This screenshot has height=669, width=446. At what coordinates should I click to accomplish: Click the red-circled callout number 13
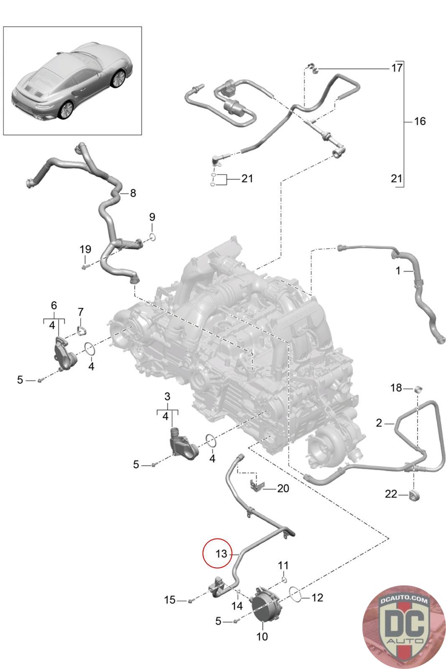[221, 554]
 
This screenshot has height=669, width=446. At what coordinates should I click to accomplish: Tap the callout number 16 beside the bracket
[419, 121]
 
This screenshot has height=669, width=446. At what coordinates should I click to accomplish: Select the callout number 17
[397, 67]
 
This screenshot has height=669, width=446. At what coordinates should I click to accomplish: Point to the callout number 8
[133, 193]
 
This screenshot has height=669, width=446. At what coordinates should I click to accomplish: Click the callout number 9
[152, 217]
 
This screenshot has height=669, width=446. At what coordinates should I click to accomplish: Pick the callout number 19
[85, 249]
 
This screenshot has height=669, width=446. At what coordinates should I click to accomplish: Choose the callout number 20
[283, 488]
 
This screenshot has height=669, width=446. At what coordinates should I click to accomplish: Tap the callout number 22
[391, 494]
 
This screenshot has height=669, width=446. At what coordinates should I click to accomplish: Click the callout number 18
[396, 388]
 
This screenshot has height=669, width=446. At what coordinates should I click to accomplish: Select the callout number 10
[262, 637]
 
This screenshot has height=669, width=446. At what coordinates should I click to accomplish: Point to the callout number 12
[317, 598]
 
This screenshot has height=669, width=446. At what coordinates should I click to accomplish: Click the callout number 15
[170, 600]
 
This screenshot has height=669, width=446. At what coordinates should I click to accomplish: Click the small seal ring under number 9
[153, 237]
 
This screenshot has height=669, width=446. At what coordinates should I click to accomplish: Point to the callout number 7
[81, 312]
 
